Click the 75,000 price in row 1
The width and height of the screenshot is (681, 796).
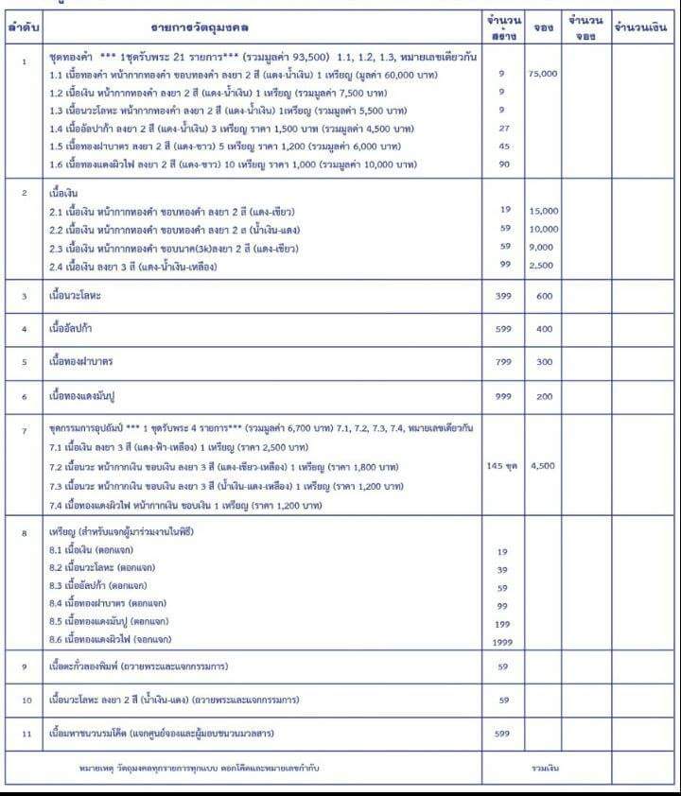pyautogui.click(x=543, y=74)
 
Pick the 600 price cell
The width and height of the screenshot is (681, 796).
pyautogui.click(x=544, y=296)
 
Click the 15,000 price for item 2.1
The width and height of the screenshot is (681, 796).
pyautogui.click(x=544, y=212)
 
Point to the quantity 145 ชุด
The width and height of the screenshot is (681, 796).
pyautogui.click(x=502, y=467)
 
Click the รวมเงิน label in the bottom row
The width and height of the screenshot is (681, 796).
pyautogui.click(x=546, y=768)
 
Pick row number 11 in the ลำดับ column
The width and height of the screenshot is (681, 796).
pyautogui.click(x=24, y=733)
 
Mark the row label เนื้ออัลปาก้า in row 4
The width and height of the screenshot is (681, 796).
pyautogui.click(x=77, y=329)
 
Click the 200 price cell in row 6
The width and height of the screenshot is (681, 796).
pyautogui.click(x=544, y=396)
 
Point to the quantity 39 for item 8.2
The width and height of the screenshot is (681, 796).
pyautogui.click(x=502, y=569)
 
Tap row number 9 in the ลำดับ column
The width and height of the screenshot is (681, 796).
pyautogui.click(x=24, y=666)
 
